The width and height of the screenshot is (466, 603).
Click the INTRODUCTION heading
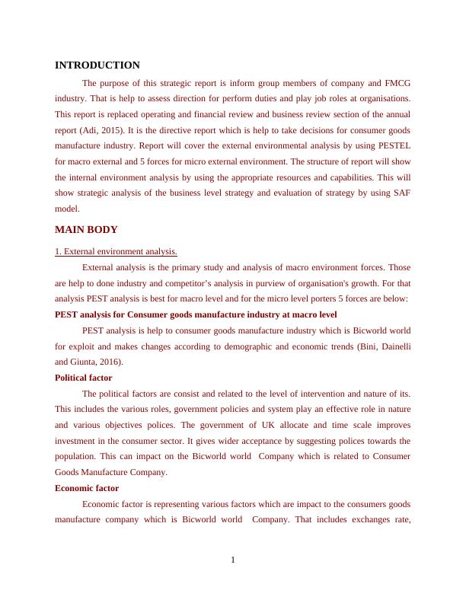pyautogui.click(x=97, y=65)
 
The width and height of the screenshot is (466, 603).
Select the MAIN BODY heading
pyautogui.click(x=87, y=229)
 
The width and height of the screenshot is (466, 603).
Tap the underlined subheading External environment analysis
pyautogui.click(x=116, y=251)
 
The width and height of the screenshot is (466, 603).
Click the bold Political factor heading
pyautogui.click(x=84, y=378)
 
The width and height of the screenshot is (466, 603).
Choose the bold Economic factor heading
pyautogui.click(x=87, y=488)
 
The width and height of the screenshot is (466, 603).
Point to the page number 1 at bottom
pyautogui.click(x=233, y=561)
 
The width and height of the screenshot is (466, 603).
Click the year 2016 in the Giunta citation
pyautogui.click(x=108, y=362)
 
